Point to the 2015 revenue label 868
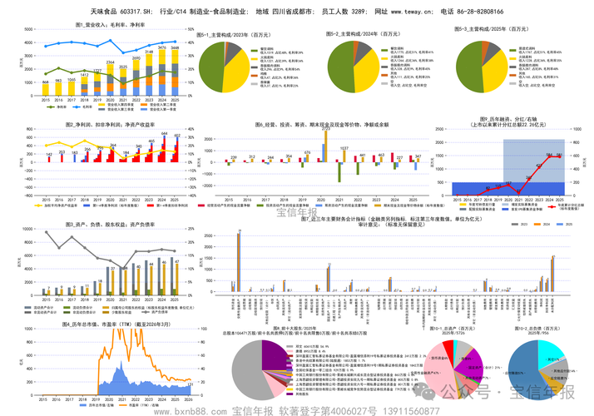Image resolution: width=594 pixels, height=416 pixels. tap(46, 82)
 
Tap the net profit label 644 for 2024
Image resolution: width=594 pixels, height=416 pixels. tap(164, 134)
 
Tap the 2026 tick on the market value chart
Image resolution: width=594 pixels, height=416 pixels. tap(188, 397)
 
